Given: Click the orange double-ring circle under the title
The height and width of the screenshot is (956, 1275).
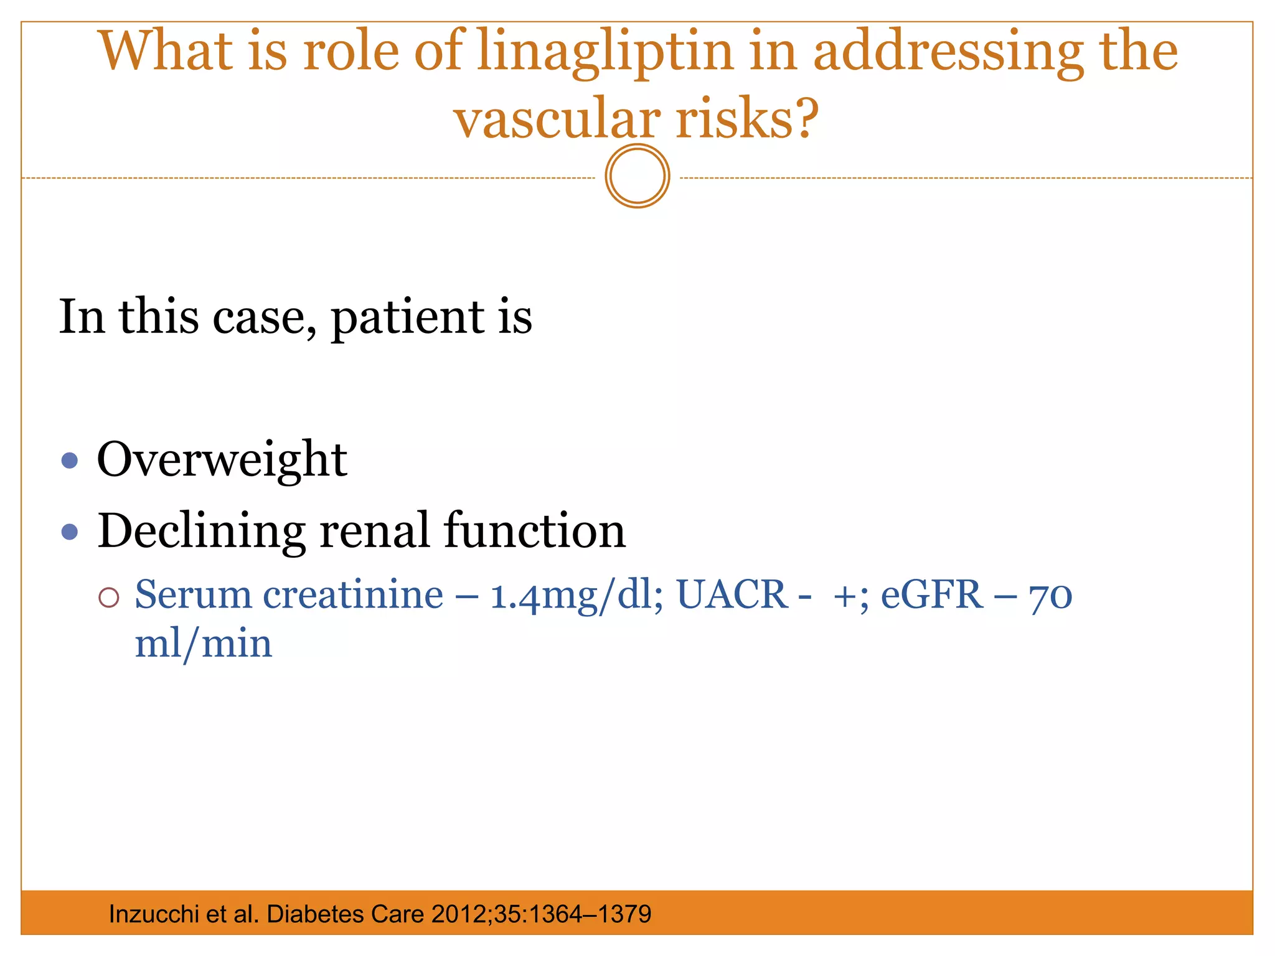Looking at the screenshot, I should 637,176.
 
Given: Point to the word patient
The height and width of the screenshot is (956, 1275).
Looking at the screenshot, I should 408,317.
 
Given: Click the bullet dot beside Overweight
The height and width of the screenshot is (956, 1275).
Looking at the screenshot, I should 70,461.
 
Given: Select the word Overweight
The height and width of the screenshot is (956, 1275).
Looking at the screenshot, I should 222,459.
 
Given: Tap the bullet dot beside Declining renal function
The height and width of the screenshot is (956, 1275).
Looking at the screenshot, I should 70,532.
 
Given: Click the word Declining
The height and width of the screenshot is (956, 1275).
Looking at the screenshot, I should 200,532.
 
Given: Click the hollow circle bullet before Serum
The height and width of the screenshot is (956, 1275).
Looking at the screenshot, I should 109,597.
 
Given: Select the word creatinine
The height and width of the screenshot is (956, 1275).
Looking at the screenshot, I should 353,594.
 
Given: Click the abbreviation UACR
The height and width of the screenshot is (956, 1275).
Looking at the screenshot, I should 732,594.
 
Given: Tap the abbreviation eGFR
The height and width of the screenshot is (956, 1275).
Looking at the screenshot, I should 931,594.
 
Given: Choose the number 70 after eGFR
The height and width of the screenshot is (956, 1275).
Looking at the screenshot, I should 1051,596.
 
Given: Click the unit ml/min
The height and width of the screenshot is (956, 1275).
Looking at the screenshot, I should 204,644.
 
